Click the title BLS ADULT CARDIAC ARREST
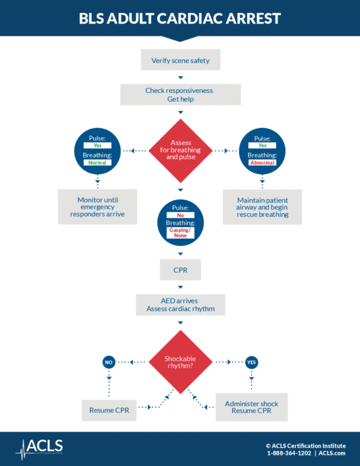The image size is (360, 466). [180, 19]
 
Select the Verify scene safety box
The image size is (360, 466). [180, 60]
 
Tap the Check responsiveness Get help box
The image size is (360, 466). [180, 95]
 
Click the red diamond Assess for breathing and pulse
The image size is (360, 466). [180, 150]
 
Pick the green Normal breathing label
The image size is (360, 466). [97, 163]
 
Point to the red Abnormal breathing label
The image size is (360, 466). [262, 163]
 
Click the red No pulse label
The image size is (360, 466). [180, 215]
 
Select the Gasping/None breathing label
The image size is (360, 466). [180, 233]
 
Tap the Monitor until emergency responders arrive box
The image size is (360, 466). [97, 207]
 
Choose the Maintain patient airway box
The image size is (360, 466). [262, 207]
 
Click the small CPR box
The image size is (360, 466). [180, 271]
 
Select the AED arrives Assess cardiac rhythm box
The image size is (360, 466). [180, 305]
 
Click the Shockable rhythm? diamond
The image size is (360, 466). [180, 362]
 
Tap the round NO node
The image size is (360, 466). [109, 362]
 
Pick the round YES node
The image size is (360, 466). [251, 362]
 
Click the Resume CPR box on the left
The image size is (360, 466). [109, 410]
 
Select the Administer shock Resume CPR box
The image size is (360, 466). [251, 407]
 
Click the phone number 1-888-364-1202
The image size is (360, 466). [289, 453]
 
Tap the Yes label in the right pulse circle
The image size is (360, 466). [262, 145]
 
